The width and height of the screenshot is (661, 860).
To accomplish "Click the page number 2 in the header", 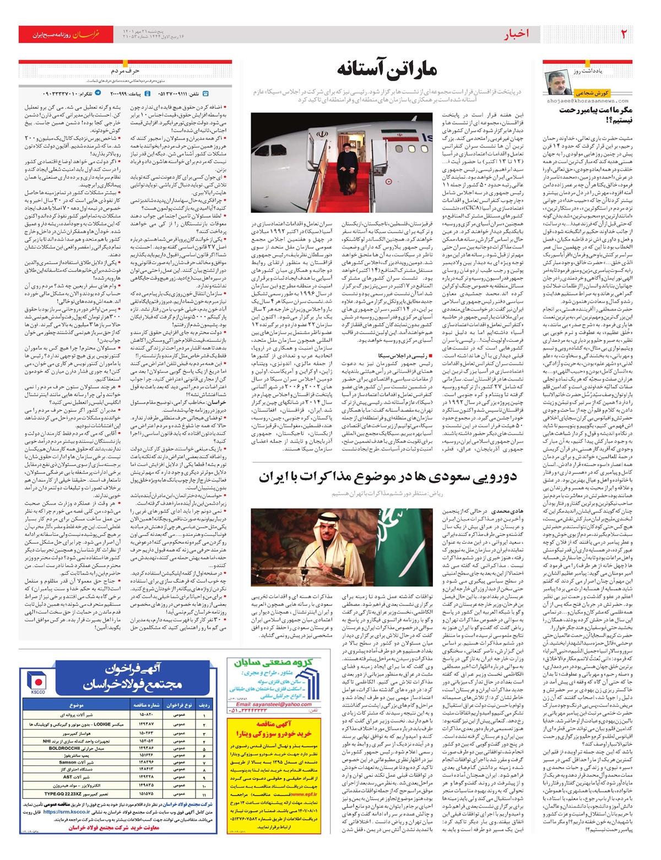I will click(x=624, y=35).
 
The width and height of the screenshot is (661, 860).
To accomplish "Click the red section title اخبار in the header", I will click(x=517, y=35).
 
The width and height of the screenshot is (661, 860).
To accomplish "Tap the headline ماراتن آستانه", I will click(x=387, y=69).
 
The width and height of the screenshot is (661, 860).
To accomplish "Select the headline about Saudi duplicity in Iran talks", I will click(x=388, y=477).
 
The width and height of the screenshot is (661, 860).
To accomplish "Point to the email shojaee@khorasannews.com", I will click(x=587, y=101).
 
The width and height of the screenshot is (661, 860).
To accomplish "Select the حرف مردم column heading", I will click(x=125, y=71).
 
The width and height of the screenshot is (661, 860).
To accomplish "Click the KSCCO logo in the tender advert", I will click(x=38, y=683).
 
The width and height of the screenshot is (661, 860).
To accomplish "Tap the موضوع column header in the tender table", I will click(x=77, y=705).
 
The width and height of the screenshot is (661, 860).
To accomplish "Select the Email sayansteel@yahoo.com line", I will click(x=274, y=705).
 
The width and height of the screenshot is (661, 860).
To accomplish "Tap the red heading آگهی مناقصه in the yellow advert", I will click(x=274, y=723).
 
